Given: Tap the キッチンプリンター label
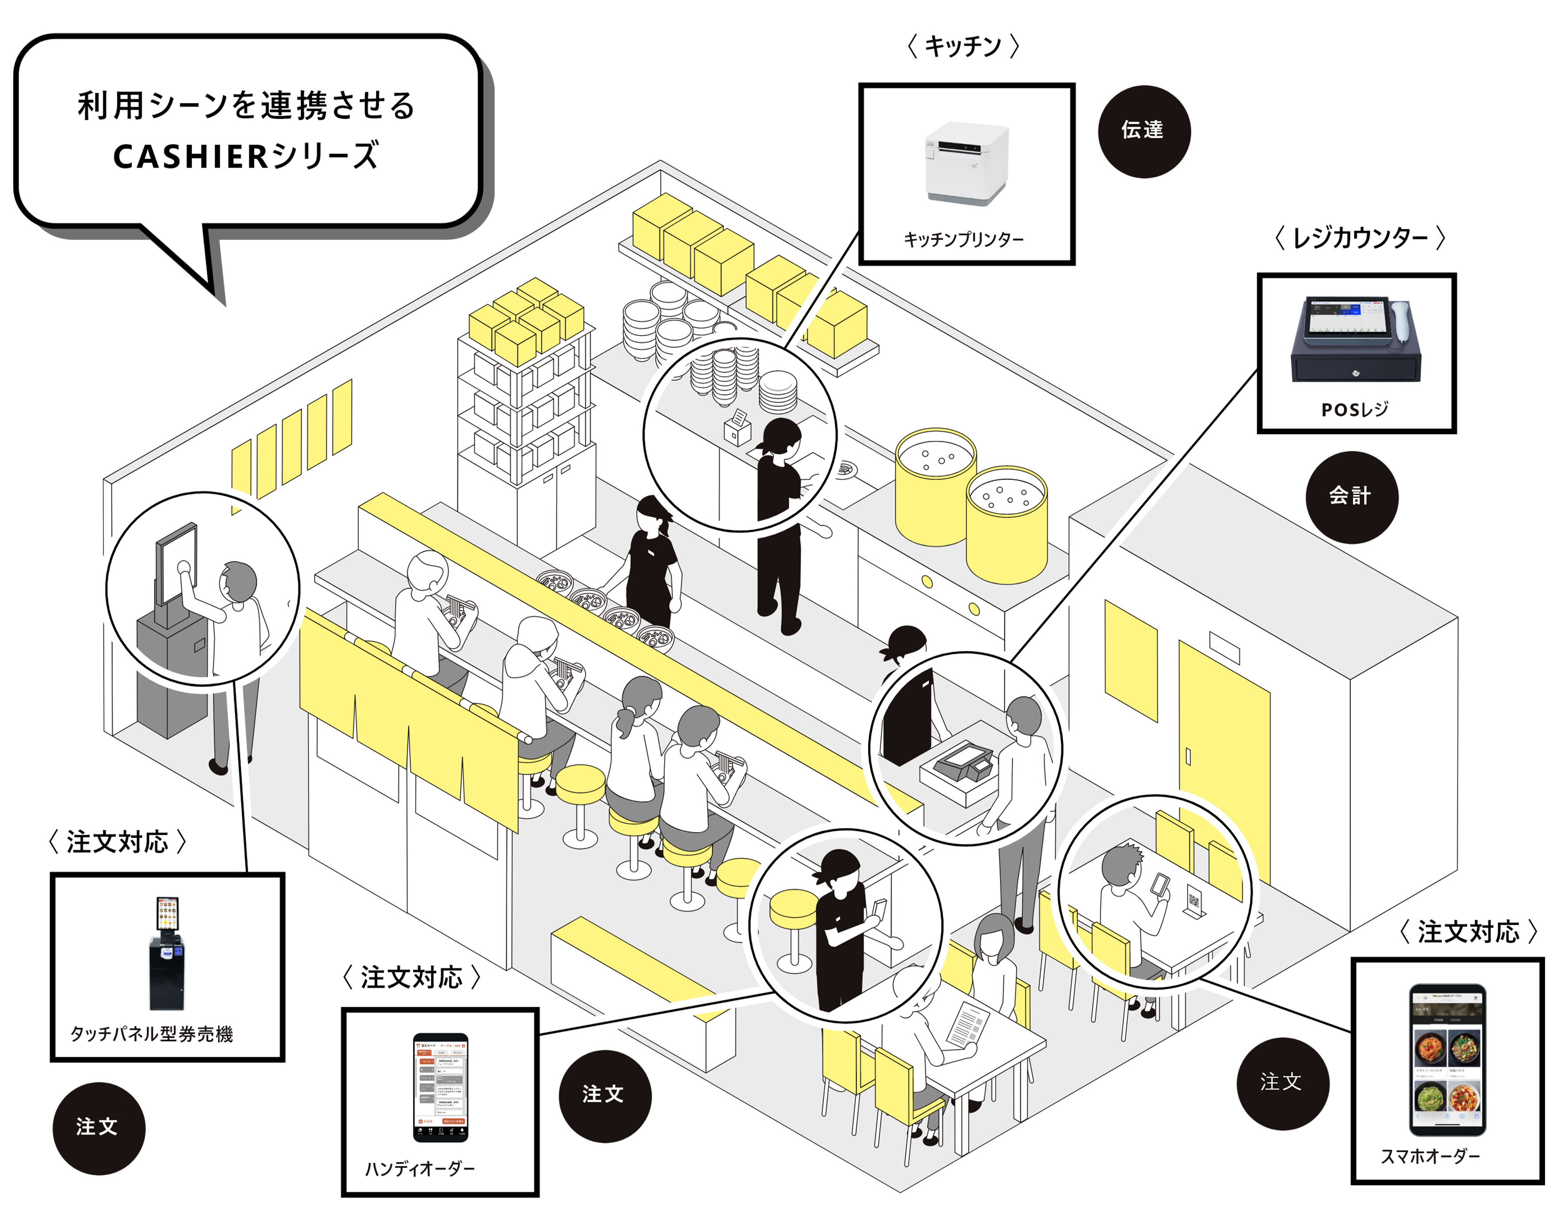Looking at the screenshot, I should pos(963,239).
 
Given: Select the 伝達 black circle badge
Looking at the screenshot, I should pos(1142,130).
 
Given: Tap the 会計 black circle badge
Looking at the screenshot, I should pos(1350,495).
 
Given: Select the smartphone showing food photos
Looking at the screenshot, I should pos(1447,1059).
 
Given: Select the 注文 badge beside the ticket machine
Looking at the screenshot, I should pos(97,1126).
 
